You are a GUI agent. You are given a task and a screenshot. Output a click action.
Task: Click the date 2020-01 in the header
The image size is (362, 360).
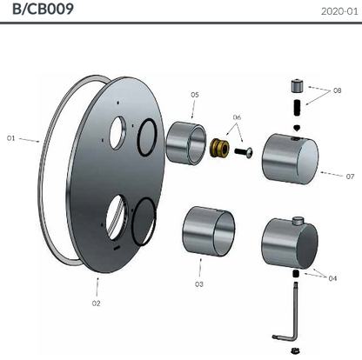(339, 11)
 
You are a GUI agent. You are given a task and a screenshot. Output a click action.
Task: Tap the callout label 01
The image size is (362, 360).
(11, 137)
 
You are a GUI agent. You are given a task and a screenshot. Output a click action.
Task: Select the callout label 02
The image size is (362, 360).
(96, 303)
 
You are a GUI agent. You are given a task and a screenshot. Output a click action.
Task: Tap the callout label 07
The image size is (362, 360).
(350, 176)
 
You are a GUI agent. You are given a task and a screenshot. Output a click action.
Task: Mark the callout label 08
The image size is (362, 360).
(337, 90)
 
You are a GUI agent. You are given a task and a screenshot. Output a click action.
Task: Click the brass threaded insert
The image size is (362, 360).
(221, 150)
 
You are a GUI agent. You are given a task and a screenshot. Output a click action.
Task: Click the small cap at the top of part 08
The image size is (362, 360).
(295, 87)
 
